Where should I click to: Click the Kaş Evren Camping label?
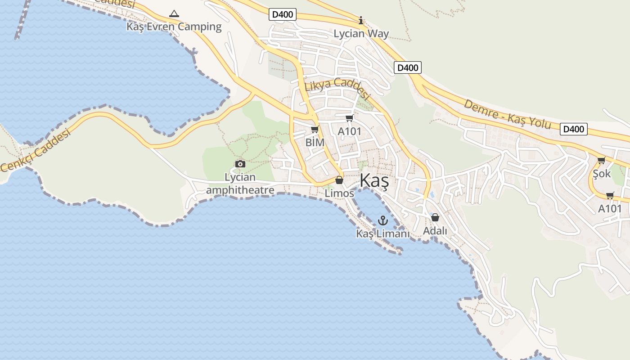coord(174,27)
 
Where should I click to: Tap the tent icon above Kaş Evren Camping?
coord(174,13)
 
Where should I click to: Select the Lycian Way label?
coord(361,34)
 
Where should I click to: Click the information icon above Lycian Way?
coord(360,21)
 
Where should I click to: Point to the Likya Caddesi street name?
coord(337,88)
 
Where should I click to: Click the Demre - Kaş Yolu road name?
coord(507,114)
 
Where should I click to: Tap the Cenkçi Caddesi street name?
coord(36,150)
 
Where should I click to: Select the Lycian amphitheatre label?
coord(240,184)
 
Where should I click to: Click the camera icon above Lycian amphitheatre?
coord(240,164)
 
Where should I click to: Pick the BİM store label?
coord(315,142)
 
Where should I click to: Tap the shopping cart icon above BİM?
coord(315,130)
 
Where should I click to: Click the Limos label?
coord(339,193)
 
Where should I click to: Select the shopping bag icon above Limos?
coord(339,180)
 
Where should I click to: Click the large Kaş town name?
coord(374,181)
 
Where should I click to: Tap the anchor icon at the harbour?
coord(383,220)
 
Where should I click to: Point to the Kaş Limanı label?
coord(383,234)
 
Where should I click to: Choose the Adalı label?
coord(435,231)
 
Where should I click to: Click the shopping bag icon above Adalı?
coord(435,218)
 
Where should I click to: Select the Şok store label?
coord(602,173)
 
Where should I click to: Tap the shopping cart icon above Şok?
coord(602,161)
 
